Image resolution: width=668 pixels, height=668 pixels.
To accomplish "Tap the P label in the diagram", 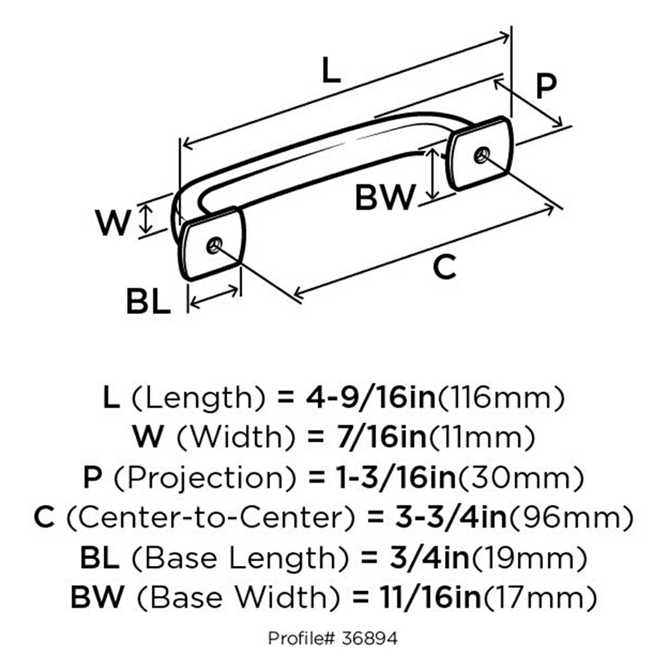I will pos(546,86).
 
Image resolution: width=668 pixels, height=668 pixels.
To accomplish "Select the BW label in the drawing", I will pos(385,197).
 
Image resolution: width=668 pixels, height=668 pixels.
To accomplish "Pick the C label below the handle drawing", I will pos(444,268).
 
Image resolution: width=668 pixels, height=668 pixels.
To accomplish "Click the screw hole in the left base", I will pos(214,244).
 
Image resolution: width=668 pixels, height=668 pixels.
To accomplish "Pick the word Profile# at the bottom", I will pos(297,639).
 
